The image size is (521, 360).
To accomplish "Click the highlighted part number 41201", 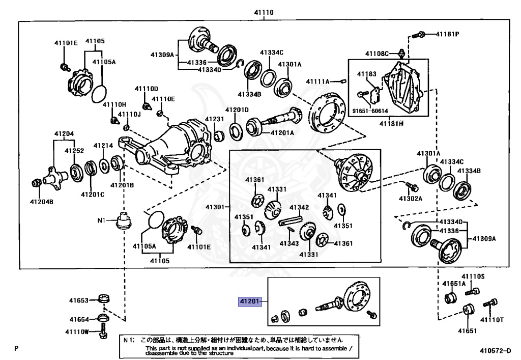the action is [249, 301].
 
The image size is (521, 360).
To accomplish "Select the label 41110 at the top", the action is [264, 12].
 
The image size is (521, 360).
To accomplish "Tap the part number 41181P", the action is [447, 34].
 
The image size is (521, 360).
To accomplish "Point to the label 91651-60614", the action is [370, 111].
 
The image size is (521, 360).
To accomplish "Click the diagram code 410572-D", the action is [495, 350].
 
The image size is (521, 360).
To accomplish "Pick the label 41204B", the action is [42, 202].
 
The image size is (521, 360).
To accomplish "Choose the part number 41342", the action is [299, 207].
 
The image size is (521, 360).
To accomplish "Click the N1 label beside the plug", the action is [101, 220].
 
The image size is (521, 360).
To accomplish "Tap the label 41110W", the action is [77, 331].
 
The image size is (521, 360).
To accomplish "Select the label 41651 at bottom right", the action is [467, 330].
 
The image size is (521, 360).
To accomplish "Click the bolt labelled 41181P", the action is [418, 34].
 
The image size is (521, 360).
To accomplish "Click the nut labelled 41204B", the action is [36, 182].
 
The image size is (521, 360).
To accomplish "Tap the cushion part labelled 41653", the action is [104, 298].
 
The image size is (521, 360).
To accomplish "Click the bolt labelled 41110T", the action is [491, 303].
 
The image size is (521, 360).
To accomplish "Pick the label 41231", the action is [214, 119].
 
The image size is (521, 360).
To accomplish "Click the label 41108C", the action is [377, 53].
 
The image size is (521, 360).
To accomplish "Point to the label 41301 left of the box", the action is [215, 207].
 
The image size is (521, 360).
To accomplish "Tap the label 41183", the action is [366, 74].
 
